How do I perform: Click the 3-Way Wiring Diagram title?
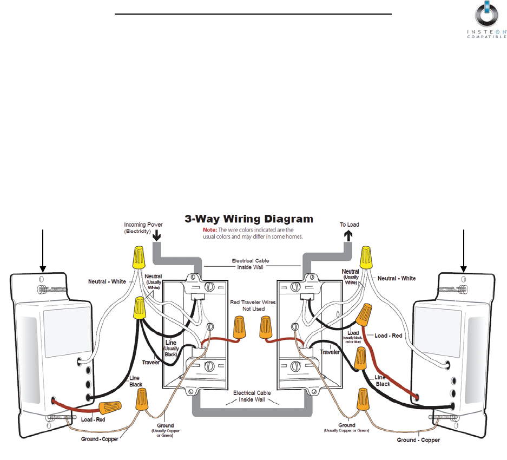pyautogui.click(x=249, y=220)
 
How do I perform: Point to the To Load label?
pyautogui.click(x=349, y=224)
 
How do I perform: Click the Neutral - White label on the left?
pyautogui.click(x=107, y=281)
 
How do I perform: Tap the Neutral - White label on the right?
pyautogui.click(x=397, y=278)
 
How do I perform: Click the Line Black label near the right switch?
pyautogui.click(x=382, y=380)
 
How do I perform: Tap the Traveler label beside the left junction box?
pyautogui.click(x=151, y=362)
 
